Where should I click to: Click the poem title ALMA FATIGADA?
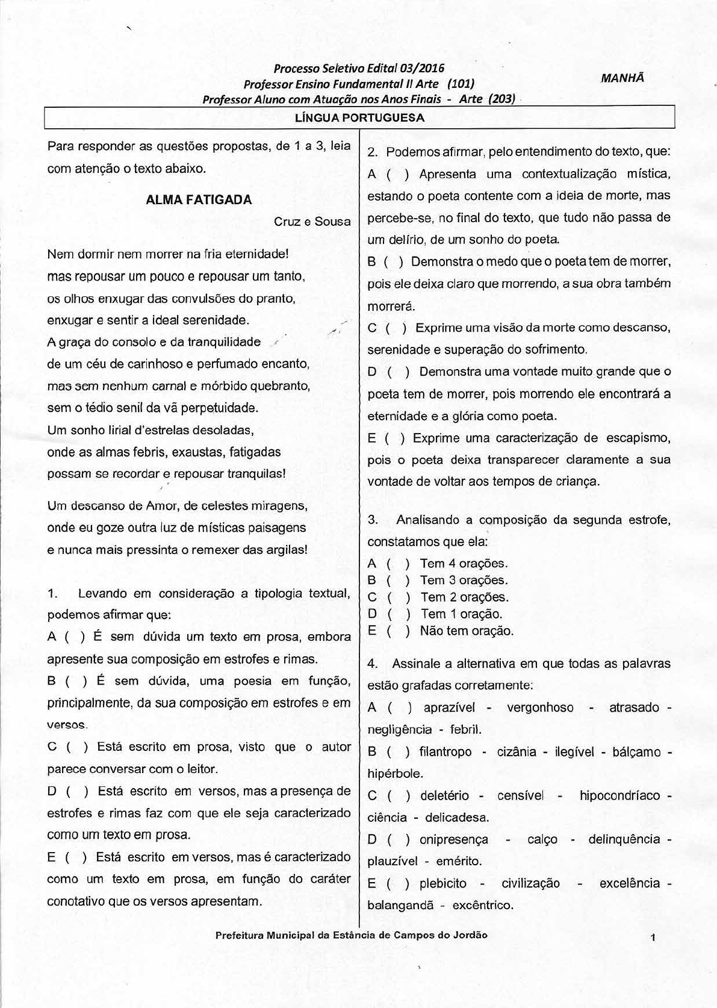coord(199,200)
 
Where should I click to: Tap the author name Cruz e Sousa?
coord(312,222)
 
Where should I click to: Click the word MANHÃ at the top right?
coord(622,78)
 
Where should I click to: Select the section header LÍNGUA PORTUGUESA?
coord(359,118)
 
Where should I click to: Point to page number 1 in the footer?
coord(653,938)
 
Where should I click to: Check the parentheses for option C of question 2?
coord(396,328)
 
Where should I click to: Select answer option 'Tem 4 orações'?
coord(464,564)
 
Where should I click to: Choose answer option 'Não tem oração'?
coord(467,631)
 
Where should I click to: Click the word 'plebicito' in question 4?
coord(443,883)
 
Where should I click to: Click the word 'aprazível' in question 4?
coord(449,708)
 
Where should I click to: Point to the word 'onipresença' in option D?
coord(454,839)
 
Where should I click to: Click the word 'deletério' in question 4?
coord(444,795)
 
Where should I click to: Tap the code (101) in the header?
coord(461,83)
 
